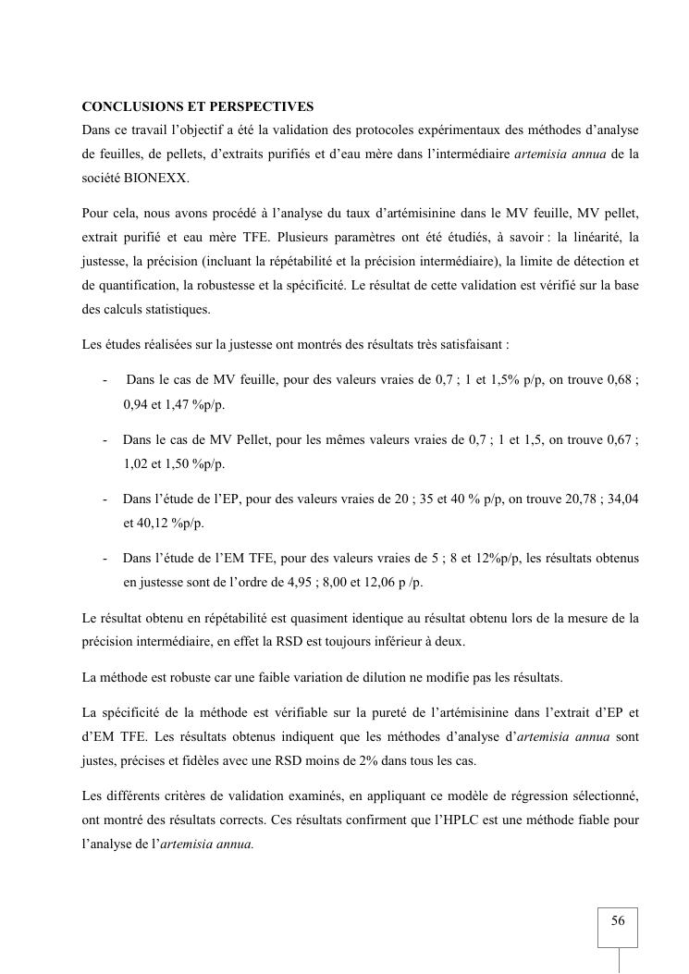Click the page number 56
click(618, 921)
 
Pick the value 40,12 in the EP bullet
click(141, 523)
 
